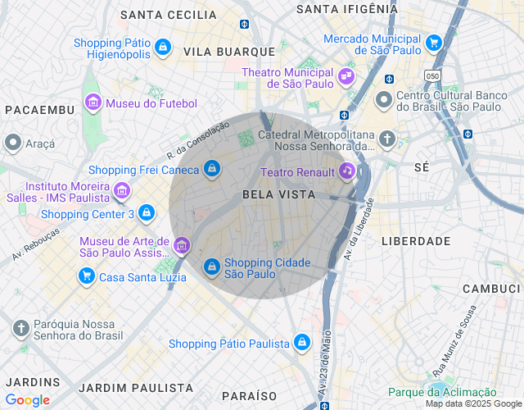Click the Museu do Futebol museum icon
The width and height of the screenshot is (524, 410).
point(93,103)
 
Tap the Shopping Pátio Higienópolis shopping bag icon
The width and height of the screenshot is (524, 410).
point(163,47)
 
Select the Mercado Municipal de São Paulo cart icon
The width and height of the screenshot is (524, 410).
point(434,43)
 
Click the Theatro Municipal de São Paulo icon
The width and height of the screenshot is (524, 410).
point(346,76)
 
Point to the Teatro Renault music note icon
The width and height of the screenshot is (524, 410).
point(347,171)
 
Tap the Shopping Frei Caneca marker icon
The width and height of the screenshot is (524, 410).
point(212,169)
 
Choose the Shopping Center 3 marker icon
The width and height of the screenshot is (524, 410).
point(147,213)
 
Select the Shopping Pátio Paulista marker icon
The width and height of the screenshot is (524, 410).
point(302,342)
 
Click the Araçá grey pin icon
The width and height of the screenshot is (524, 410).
point(12,143)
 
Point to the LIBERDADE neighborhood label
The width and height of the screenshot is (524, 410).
point(416,241)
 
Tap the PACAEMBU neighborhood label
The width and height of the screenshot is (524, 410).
point(39,110)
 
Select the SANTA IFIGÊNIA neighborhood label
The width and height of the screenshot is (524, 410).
point(346,9)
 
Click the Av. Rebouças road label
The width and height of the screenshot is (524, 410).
point(36,244)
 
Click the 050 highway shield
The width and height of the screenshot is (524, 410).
point(432,75)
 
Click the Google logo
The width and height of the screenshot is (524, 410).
point(27,399)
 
